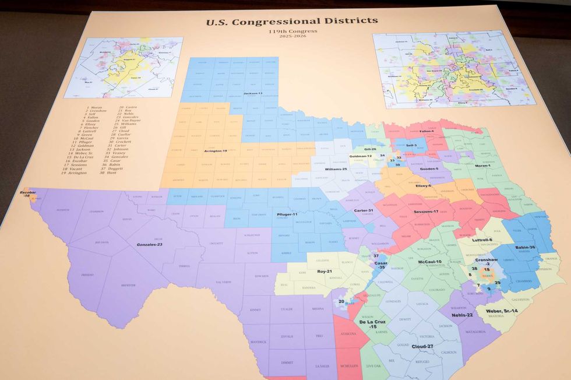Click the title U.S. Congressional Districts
pyautogui.click(x=291, y=22)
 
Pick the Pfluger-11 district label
pyautogui.click(x=287, y=214)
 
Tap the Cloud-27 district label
pyautogui.click(x=422, y=346)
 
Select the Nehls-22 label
pyautogui.click(x=462, y=315)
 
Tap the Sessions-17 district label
pyautogui.click(x=426, y=211)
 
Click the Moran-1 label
pyautogui.click(x=483, y=166)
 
